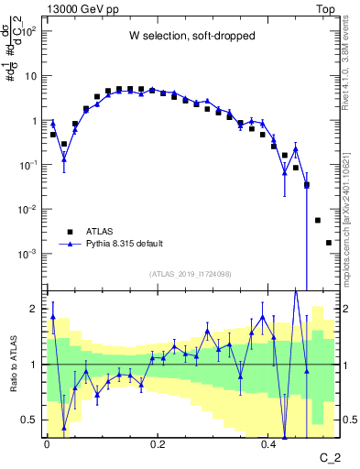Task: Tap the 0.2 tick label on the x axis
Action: point(158,444)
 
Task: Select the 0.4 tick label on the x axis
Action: point(268,444)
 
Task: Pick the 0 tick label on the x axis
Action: point(47,444)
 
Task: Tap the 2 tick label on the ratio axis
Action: point(36,309)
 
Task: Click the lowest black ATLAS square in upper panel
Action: point(329,243)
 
